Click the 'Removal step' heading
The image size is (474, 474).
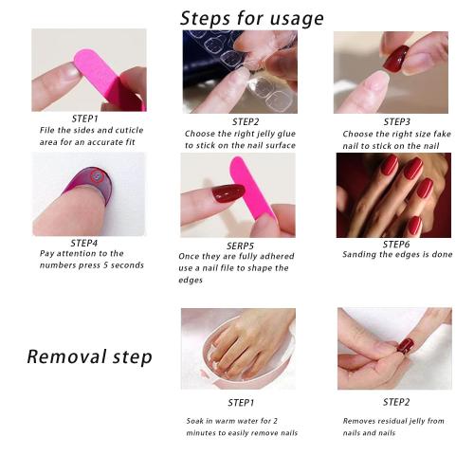point(89,357)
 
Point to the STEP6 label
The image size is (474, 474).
point(395,245)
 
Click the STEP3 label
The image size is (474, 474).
point(395,121)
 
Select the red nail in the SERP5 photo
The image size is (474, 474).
point(228,193)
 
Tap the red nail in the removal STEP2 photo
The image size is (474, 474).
point(405,346)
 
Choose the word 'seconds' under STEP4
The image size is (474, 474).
point(125,265)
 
